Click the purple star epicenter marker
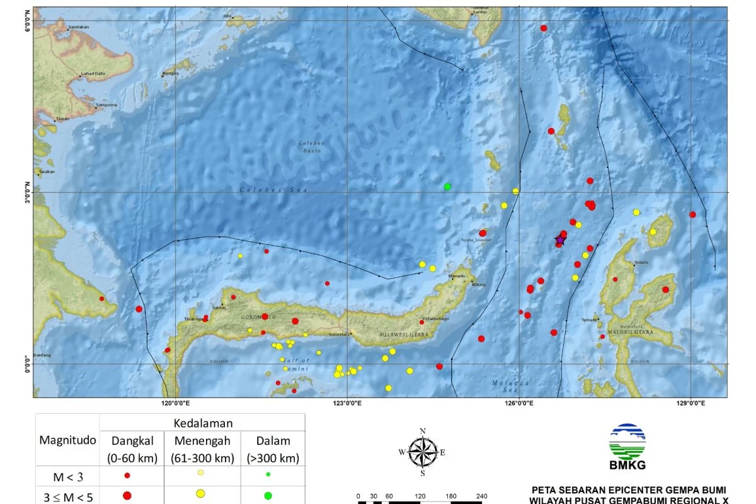(x=559, y=239)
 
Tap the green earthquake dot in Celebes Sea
(x=447, y=186)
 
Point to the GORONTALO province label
(x=258, y=317)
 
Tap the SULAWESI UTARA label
(x=403, y=335)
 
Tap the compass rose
(x=423, y=452)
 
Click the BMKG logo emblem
(x=627, y=441)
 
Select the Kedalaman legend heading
(x=203, y=423)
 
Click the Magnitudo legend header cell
(x=68, y=440)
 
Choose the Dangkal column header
(x=132, y=440)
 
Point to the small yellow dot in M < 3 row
(x=200, y=473)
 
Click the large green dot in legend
(x=268, y=496)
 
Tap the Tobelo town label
(x=640, y=263)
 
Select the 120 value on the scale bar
(x=421, y=496)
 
